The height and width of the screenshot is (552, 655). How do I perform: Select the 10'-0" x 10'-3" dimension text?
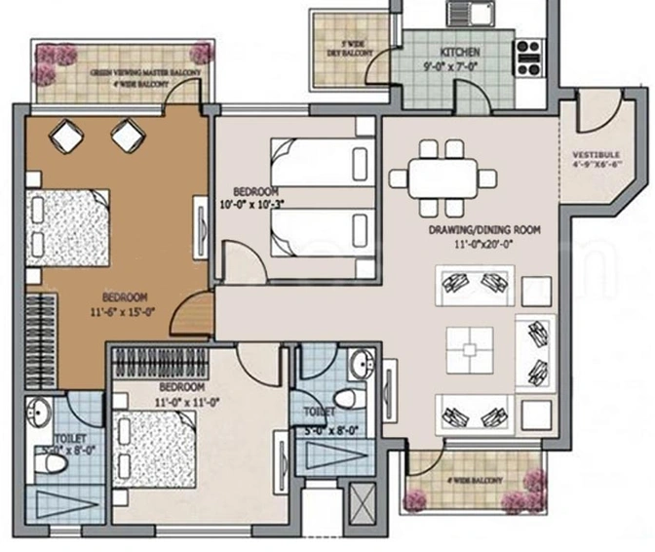[255, 204]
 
